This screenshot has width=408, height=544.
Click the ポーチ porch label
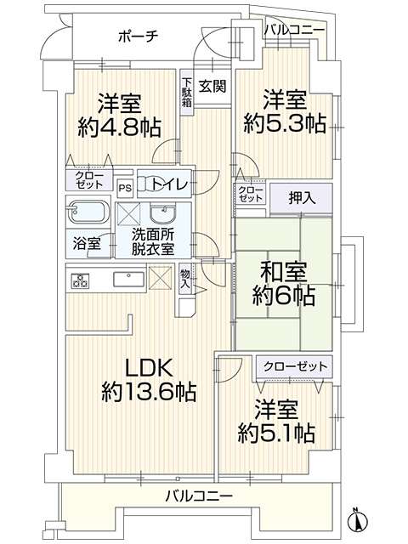138,36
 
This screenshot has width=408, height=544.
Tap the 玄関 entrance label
212,87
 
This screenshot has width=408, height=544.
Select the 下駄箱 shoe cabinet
187,92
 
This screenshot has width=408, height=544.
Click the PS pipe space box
125,189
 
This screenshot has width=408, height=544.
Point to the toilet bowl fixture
148,184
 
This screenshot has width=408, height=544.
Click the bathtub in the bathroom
88,212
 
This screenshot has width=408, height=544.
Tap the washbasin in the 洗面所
163,213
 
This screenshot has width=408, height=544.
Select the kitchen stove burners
81,280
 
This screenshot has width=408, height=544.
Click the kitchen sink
129,280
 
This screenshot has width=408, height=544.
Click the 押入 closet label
302,198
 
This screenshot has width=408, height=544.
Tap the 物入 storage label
185,279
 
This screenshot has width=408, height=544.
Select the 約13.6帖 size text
150,391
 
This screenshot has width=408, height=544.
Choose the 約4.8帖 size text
119,127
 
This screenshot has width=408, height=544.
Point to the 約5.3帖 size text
285,122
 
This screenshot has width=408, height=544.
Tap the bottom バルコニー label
199,496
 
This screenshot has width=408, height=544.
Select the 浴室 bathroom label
87,244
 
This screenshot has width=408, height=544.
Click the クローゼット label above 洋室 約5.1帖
295,366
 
